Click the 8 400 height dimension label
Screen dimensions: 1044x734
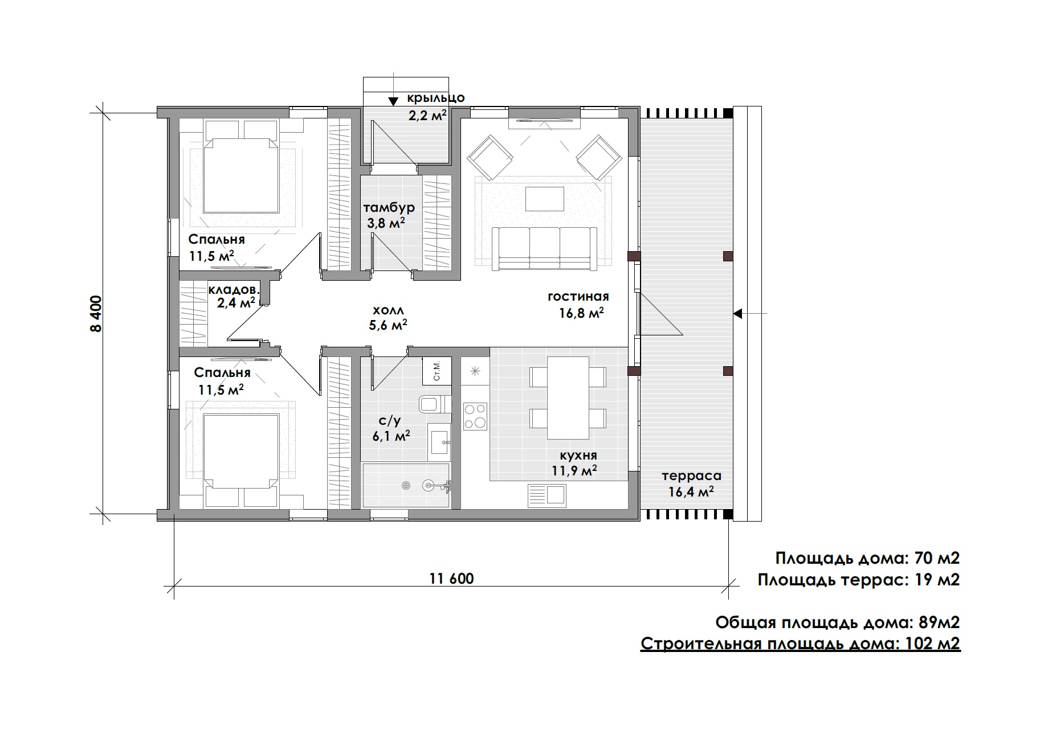pyautogui.click(x=96, y=314)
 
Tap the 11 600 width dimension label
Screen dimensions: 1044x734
pyautogui.click(x=451, y=579)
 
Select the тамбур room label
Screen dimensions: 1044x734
pyautogui.click(x=389, y=207)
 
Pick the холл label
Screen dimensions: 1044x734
pyautogui.click(x=388, y=310)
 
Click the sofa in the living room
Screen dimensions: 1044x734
pyautogui.click(x=544, y=248)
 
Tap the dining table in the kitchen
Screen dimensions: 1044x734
pyautogui.click(x=568, y=397)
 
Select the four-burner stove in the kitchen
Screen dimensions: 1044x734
pyautogui.click(x=475, y=416)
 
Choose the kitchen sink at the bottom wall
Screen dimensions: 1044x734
pyautogui.click(x=546, y=495)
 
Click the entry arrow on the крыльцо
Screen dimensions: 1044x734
pyautogui.click(x=393, y=101)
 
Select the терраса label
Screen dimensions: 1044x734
pyautogui.click(x=691, y=475)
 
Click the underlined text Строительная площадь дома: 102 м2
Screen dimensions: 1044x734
pyautogui.click(x=801, y=644)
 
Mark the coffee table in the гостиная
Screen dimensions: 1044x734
pyautogui.click(x=545, y=199)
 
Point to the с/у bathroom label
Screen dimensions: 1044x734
pyautogui.click(x=390, y=421)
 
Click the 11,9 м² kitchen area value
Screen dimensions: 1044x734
pyautogui.click(x=574, y=470)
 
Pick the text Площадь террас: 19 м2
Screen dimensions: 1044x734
pyautogui.click(x=859, y=580)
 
